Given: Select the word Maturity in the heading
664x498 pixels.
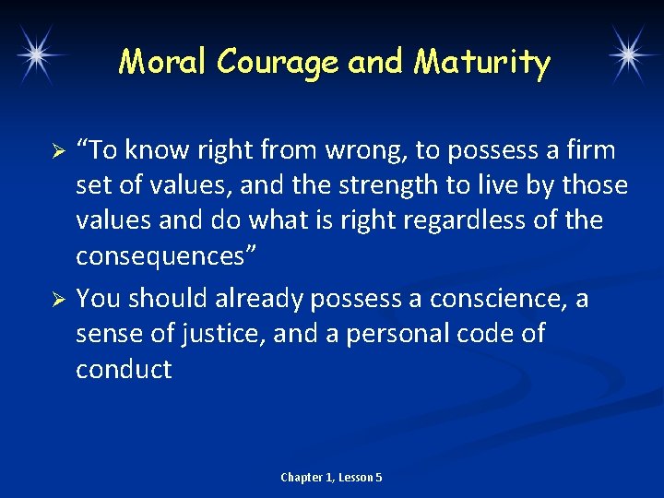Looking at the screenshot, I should click(482, 63).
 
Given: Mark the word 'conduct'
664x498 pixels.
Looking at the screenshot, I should click(124, 370).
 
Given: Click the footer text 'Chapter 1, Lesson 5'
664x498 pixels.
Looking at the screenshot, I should click(331, 477).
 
